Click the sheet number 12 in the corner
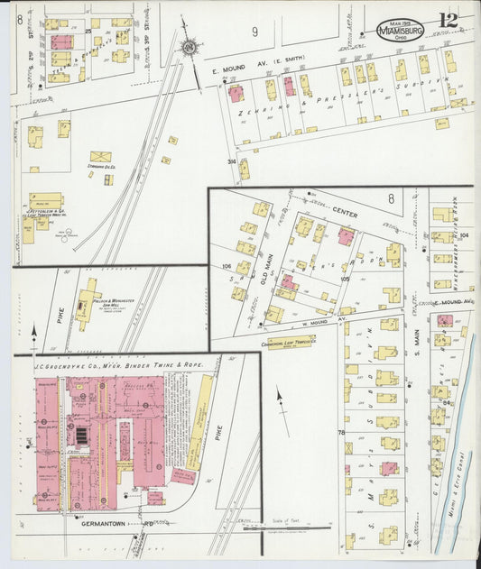pyautogui.click(x=449, y=20)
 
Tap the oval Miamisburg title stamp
pyautogui.click(x=400, y=30)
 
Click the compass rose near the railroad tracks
pyautogui.click(x=190, y=47)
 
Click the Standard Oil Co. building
pyautogui.click(x=101, y=159)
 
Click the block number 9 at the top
pyautogui.click(x=254, y=32)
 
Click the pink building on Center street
pyautogui.click(x=346, y=236)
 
